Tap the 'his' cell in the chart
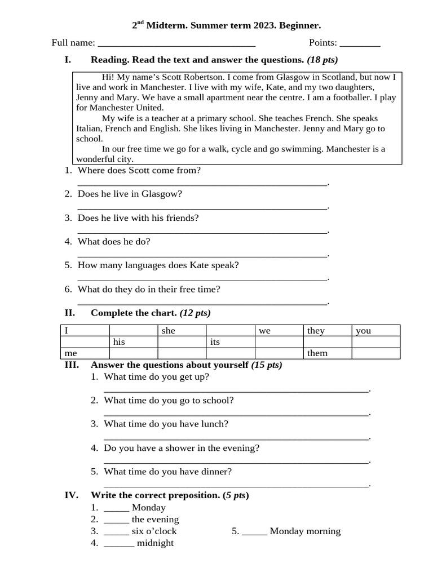coord(133,342)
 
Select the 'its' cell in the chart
coord(231,342)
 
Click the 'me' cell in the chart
coord(85,353)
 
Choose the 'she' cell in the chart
coord(182,331)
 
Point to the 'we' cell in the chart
coord(279,331)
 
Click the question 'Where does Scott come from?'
coord(139,170)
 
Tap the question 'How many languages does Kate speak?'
coord(158,265)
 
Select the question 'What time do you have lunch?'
coord(166,424)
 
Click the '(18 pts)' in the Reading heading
coord(322,60)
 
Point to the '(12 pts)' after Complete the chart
coord(195,313)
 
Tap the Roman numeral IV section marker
coord(71,495)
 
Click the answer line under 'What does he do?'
coord(202,255)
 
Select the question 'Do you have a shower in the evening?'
coord(182,448)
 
